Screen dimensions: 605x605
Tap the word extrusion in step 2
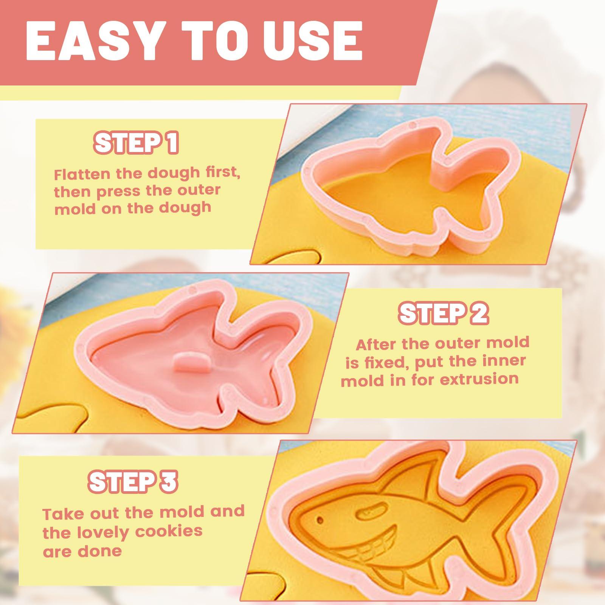pyautogui.click(x=479, y=379)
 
